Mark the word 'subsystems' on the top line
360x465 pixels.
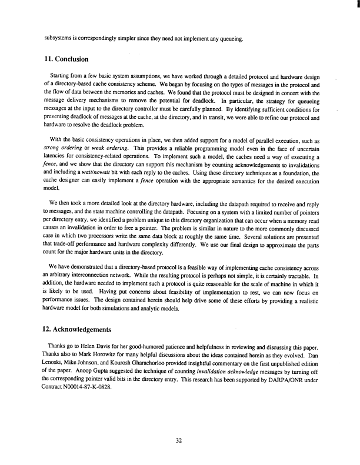pyautogui.click(x=61, y=39)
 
